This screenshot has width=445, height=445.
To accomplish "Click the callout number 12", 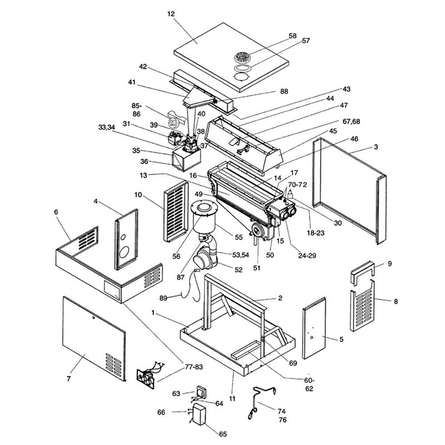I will [171, 14].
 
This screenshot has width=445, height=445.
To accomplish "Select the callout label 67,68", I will [352, 122].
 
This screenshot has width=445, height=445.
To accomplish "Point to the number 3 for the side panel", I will [376, 147].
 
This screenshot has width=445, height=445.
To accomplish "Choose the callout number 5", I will [341, 339].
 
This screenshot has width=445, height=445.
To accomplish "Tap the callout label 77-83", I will [194, 367].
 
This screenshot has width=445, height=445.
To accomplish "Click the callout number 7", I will [69, 379].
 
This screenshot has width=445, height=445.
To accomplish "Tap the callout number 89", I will [163, 298].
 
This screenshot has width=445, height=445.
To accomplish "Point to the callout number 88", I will [284, 92].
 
